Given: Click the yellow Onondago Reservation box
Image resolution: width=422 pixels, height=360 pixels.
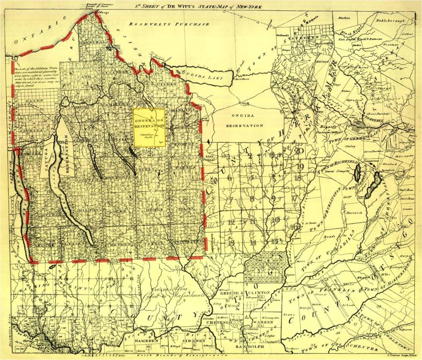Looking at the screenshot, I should coord(149,127).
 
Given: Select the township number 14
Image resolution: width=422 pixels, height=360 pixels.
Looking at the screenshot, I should coord(253,242).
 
